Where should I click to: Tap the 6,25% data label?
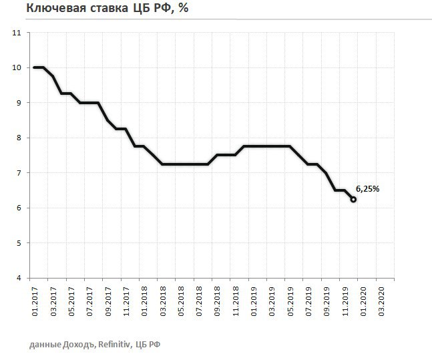click(369, 189)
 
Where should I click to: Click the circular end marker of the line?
click(353, 199)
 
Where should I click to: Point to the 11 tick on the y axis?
click(17, 33)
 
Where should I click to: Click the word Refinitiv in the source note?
click(116, 344)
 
